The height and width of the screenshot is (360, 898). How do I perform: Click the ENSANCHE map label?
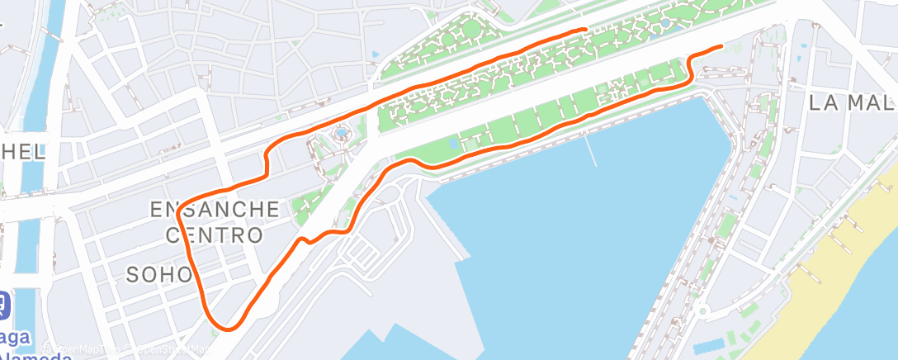(x=215, y=209)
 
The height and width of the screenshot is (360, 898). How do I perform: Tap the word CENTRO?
(x=215, y=235)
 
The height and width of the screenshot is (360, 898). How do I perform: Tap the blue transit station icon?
(x=3, y=306)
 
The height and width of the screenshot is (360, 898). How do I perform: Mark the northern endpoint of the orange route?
(x=585, y=30)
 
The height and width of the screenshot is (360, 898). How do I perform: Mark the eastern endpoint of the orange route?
(x=721, y=46)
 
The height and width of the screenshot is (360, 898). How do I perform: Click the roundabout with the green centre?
(x=702, y=312)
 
